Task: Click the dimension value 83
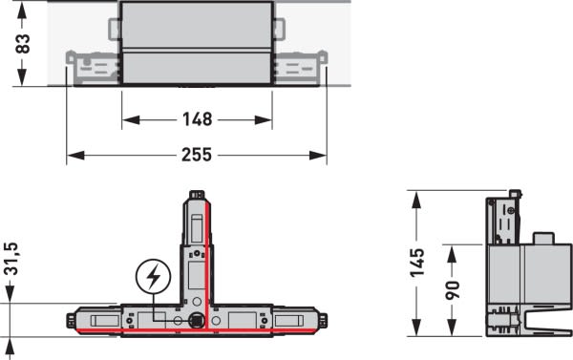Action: [23, 44]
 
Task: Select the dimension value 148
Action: [197, 119]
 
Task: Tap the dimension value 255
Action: [197, 155]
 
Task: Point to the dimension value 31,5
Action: [11, 259]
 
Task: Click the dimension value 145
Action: [417, 263]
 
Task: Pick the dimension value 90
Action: [453, 290]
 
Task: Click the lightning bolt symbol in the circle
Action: [153, 276]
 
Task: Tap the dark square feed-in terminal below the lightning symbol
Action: [197, 321]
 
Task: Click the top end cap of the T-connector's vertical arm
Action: [197, 195]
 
